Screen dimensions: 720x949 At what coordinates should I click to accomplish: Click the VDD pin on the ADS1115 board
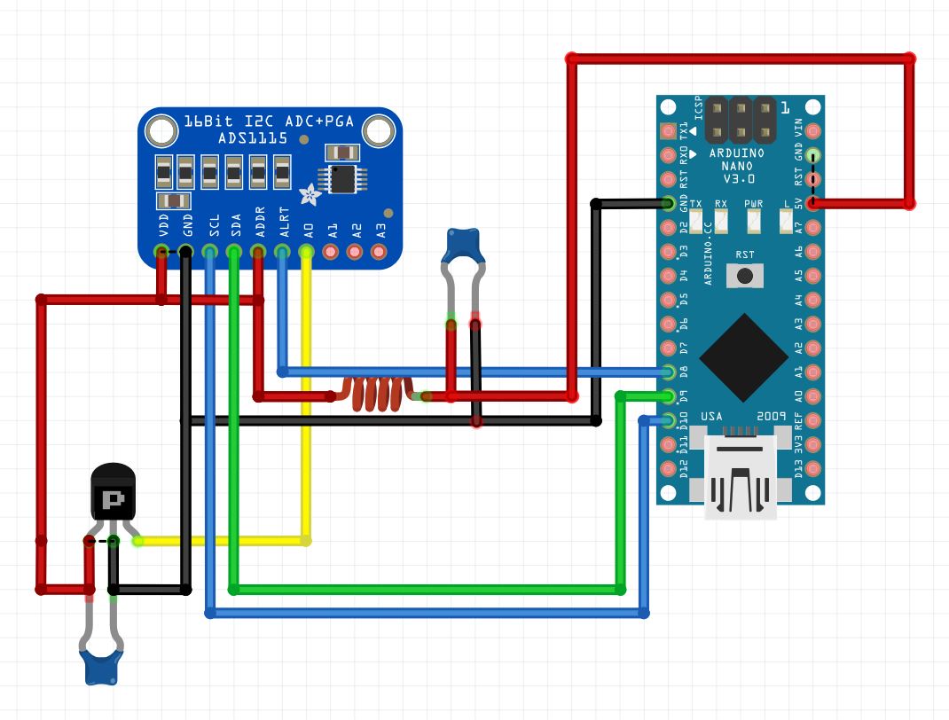point(161,253)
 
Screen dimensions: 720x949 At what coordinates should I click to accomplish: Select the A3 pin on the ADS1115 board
point(380,253)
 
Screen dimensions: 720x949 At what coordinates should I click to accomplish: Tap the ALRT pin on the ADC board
point(282,253)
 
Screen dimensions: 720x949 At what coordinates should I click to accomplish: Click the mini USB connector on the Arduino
point(740,475)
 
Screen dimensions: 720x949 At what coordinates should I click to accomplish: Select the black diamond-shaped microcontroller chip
point(743,356)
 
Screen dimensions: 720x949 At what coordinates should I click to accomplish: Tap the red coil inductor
point(378,395)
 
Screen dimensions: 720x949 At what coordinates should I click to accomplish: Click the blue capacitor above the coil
point(463,246)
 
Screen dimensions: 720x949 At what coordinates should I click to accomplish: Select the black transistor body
point(114,496)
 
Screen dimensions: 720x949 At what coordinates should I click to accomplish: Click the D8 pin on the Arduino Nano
point(669,372)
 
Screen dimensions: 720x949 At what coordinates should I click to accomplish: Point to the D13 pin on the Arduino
point(813,467)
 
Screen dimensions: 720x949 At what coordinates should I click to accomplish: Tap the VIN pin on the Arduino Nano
point(813,131)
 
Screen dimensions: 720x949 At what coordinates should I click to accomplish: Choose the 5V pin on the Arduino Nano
point(813,203)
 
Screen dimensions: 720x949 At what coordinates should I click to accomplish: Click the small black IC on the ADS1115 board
point(343,178)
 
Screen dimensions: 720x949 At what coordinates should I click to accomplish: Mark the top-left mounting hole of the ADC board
point(161,132)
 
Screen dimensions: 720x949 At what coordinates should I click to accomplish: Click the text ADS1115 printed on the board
point(252,138)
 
